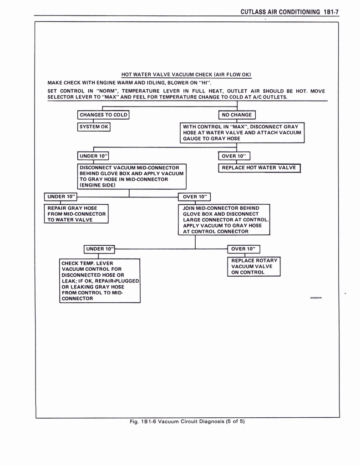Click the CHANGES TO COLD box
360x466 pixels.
pos(103,115)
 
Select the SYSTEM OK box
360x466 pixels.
pos(94,127)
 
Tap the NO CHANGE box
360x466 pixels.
pos(237,115)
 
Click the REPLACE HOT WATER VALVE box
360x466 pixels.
pos(259,168)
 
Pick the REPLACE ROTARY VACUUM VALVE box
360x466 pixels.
pos(254,267)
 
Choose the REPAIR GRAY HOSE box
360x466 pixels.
pos(76,214)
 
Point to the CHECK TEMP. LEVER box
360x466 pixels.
pos(100,281)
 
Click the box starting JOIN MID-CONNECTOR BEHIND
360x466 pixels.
pos(224,220)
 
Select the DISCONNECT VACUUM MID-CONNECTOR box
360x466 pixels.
pos(131,176)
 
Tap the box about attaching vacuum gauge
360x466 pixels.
pos(242,132)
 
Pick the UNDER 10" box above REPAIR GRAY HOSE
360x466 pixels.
pos(61,197)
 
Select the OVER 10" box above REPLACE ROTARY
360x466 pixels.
pos(243,249)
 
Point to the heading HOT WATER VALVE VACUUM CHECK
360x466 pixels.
pos(186,75)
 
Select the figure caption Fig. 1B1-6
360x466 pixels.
pos(187,421)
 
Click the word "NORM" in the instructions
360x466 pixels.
pos(107,91)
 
